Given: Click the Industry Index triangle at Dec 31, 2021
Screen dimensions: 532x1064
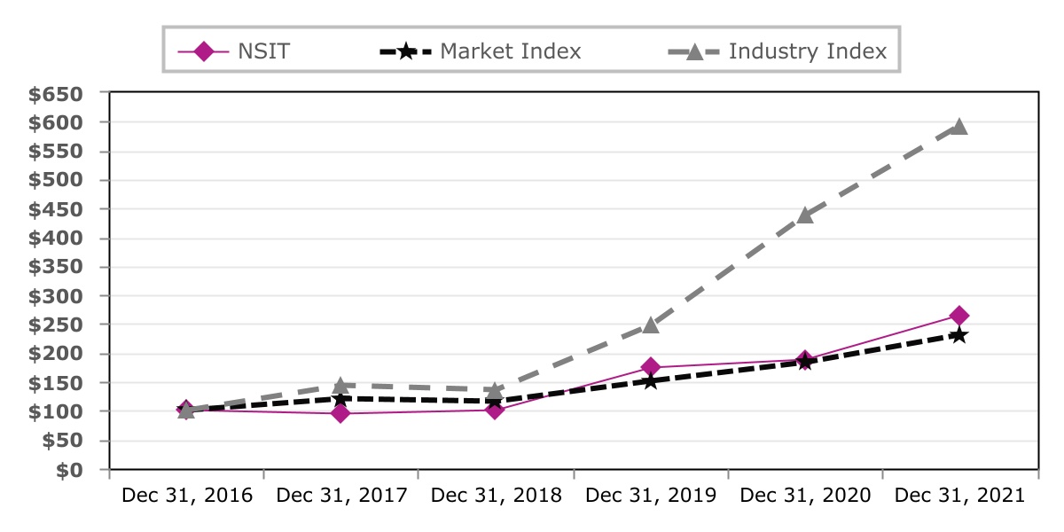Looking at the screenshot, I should click(x=959, y=127).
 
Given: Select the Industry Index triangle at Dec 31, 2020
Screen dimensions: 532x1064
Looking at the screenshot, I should click(x=805, y=215).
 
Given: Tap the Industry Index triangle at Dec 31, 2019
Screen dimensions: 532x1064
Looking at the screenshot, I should click(x=651, y=325).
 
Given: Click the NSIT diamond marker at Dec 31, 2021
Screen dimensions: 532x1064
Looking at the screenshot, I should click(x=959, y=316).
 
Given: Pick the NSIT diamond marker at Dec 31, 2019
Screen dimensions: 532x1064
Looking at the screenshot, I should click(x=651, y=367).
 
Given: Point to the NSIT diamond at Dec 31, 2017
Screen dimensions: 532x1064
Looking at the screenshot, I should click(x=340, y=413).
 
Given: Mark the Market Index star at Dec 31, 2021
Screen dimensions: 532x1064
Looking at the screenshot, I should click(x=959, y=335).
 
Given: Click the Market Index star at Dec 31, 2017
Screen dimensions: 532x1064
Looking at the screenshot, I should click(x=340, y=398).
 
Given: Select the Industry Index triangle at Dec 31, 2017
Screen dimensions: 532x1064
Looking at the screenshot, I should click(x=340, y=386).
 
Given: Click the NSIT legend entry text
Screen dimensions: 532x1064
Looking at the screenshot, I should click(x=263, y=51).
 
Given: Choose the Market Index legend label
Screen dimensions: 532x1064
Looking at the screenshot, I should click(x=511, y=51).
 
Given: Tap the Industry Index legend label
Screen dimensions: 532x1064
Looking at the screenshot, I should click(x=807, y=51).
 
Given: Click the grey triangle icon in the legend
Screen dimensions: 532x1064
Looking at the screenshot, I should click(x=694, y=51).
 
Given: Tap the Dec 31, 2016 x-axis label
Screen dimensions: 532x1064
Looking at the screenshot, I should click(x=187, y=496).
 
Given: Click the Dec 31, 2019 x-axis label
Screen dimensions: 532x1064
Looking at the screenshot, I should click(x=651, y=496).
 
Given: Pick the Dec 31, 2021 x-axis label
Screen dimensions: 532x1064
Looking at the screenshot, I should click(x=959, y=496).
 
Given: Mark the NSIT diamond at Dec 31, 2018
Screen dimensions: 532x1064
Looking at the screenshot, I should click(x=496, y=410).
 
